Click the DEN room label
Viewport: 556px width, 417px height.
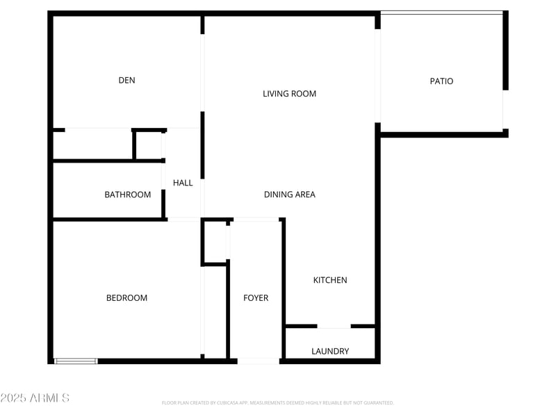(126, 81)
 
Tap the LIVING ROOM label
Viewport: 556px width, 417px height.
(289, 94)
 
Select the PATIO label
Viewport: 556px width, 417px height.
(441, 81)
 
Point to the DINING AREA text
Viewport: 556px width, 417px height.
(289, 195)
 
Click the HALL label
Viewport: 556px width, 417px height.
(183, 183)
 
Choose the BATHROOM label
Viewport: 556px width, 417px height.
(127, 195)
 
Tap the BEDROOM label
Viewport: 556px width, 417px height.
(126, 298)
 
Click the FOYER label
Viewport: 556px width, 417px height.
(256, 298)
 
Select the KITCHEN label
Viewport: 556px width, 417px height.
(330, 280)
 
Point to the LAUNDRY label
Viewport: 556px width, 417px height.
(330, 352)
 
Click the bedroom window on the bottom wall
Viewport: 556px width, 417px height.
(76, 361)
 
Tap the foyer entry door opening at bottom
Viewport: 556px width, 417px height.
(258, 361)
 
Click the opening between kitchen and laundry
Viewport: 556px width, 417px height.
(334, 326)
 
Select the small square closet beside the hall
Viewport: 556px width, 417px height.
(149, 145)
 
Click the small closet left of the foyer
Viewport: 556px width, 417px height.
(214, 242)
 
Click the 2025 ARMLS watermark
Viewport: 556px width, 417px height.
(35, 398)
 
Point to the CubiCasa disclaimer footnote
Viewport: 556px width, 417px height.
(277, 403)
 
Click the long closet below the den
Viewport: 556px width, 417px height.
(92, 145)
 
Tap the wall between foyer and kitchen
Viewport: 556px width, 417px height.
(282, 288)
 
